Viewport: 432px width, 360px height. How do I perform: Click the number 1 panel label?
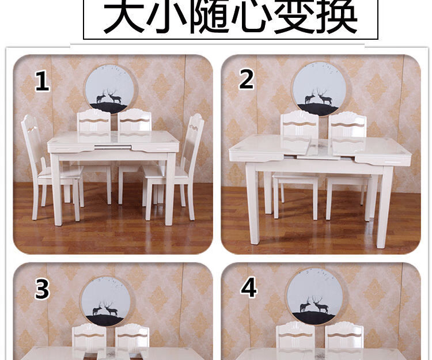click(x=43, y=81)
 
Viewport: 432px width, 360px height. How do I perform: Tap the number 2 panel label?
click(x=247, y=79)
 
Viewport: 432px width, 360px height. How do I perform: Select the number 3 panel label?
click(x=42, y=289)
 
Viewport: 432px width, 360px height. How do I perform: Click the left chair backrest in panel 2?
click(x=300, y=127)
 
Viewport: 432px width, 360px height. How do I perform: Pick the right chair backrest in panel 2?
click(x=348, y=127)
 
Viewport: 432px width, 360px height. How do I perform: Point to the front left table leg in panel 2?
click(x=253, y=204)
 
